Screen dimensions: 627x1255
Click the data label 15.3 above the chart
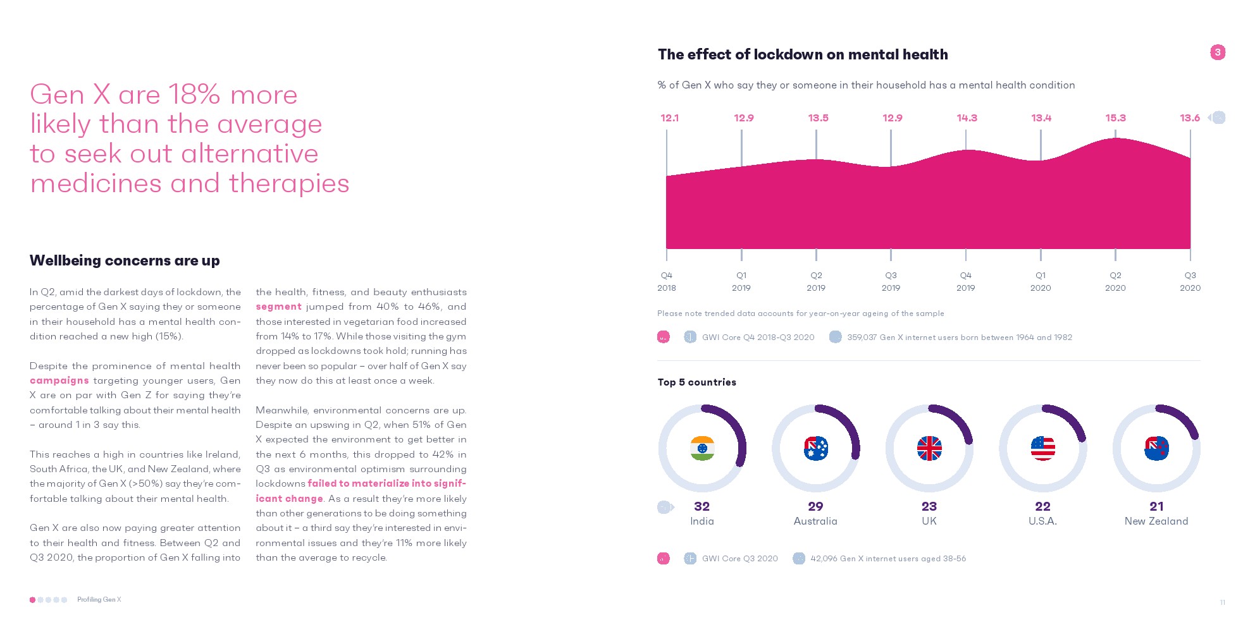tap(1115, 118)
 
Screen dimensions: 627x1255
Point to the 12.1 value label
tap(669, 118)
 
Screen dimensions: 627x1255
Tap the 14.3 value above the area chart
tap(967, 118)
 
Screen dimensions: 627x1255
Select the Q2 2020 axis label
tap(1115, 281)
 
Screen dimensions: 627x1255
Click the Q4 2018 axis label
tap(667, 281)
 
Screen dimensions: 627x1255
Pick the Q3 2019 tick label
tap(891, 281)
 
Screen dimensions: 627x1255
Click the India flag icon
tap(702, 448)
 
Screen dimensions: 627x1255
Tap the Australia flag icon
tap(816, 448)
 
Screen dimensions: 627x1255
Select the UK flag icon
tap(929, 448)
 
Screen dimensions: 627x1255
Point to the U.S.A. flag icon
tap(1043, 448)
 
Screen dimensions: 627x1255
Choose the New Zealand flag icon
tap(1156, 448)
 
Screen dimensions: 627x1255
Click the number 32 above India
tap(702, 506)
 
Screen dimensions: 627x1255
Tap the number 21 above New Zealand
tap(1156, 506)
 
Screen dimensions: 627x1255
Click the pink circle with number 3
tap(1218, 52)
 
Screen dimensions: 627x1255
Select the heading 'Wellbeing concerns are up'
tap(125, 260)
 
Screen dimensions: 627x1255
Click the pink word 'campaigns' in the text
tap(59, 380)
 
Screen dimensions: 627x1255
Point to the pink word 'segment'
tap(278, 307)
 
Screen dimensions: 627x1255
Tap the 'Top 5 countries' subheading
tap(696, 382)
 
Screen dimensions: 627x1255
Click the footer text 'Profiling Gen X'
tap(99, 600)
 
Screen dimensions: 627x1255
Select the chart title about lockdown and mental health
tap(803, 54)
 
